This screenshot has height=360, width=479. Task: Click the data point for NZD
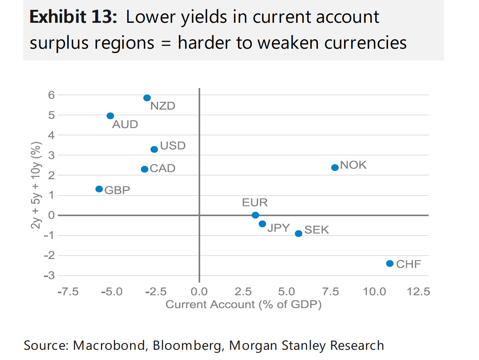pyautogui.click(x=147, y=98)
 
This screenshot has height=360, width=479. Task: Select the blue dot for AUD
pyautogui.click(x=110, y=116)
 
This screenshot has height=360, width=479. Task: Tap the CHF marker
pyautogui.click(x=390, y=263)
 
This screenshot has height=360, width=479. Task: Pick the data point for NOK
pyautogui.click(x=335, y=167)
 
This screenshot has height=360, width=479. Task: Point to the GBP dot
pyautogui.click(x=99, y=189)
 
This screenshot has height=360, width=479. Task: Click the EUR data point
pyautogui.click(x=255, y=215)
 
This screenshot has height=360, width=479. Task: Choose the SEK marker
pyautogui.click(x=298, y=233)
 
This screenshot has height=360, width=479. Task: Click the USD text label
pyautogui.click(x=173, y=146)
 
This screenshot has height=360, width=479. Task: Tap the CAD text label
pyautogui.click(x=163, y=169)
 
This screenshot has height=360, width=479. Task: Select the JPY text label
pyautogui.click(x=278, y=228)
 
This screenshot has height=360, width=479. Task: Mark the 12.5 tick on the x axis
pyautogui.click(x=418, y=292)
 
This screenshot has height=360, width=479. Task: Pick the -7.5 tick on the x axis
pyautogui.click(x=68, y=292)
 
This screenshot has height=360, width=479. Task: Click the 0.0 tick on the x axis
pyautogui.click(x=199, y=292)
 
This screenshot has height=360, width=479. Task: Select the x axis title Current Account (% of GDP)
pyautogui.click(x=243, y=305)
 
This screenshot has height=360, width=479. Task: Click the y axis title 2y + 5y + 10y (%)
pyautogui.click(x=36, y=186)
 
